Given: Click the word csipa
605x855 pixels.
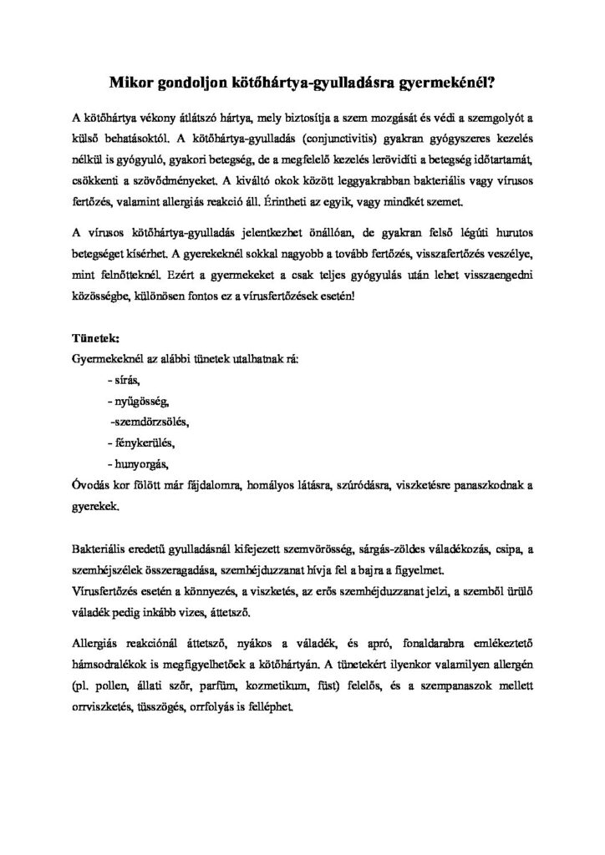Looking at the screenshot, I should (510, 549).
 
